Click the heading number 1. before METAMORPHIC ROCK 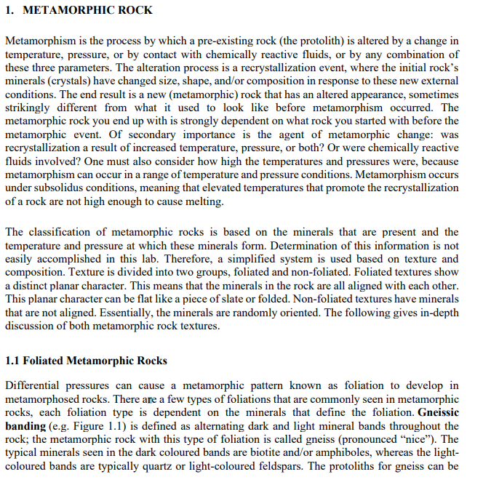tap(9, 10)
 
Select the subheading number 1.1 tap(13, 361)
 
